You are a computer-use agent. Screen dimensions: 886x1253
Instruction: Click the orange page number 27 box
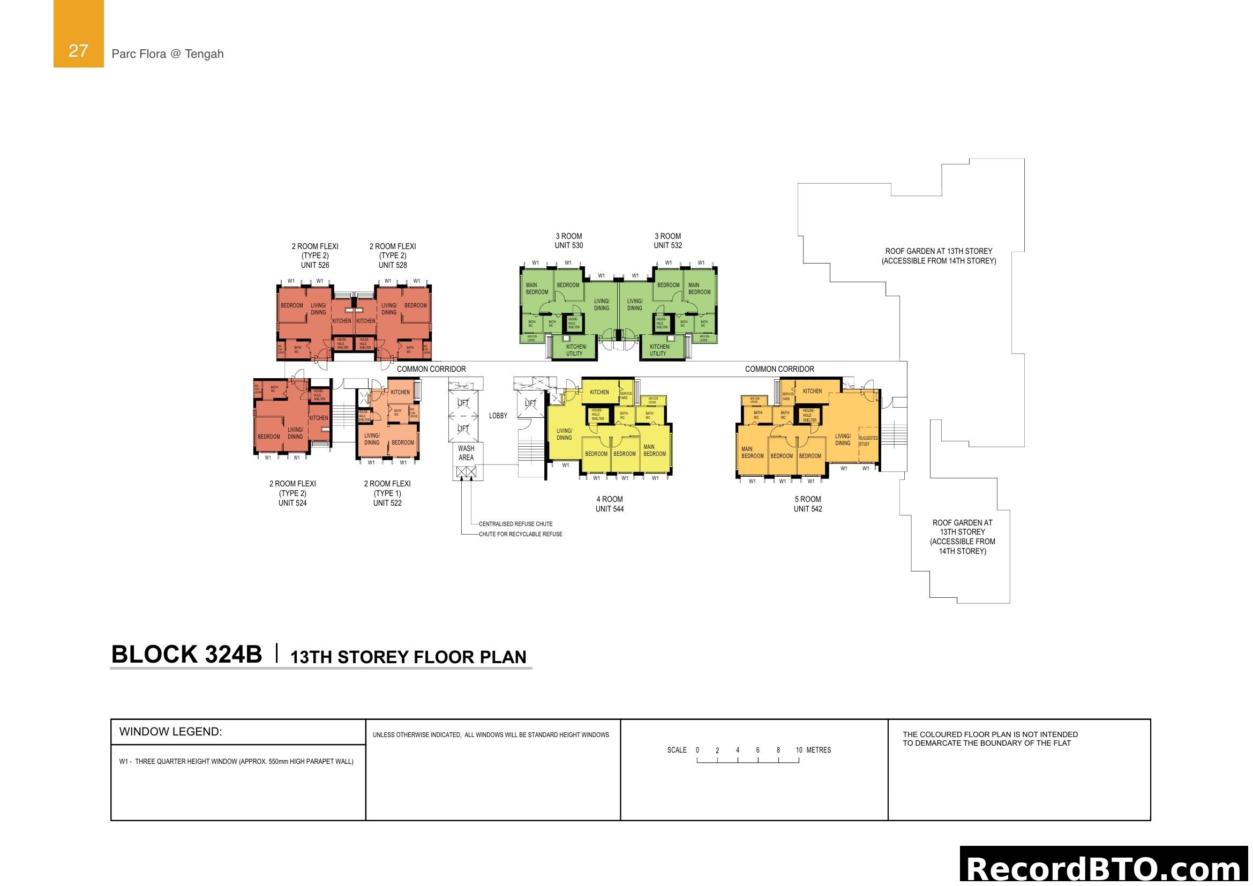pos(78,34)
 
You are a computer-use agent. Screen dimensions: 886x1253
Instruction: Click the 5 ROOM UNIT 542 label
pos(808,504)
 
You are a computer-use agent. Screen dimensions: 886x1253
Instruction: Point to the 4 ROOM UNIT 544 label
pos(610,504)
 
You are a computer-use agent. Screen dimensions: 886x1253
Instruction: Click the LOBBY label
pos(498,416)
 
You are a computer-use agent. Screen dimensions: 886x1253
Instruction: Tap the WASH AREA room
pos(466,453)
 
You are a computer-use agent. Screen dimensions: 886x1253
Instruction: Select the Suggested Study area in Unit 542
pos(868,441)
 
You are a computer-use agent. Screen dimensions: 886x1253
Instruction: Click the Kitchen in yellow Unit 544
pos(599,392)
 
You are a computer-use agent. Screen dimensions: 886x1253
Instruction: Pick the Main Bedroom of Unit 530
pos(536,289)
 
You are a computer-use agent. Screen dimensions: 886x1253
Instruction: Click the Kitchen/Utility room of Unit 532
pos(659,350)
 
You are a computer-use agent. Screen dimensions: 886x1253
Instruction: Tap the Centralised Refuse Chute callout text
pos(515,524)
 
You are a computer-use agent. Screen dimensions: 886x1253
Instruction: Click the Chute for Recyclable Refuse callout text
pos(520,534)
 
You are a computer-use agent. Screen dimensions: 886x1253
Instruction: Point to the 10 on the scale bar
pos(799,750)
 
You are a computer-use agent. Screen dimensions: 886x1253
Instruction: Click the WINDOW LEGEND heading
pos(170,732)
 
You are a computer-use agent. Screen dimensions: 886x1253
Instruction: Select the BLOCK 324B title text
pos(186,654)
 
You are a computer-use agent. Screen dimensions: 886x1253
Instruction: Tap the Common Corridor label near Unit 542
pos(779,370)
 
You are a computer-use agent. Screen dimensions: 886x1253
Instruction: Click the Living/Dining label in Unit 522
pos(372,439)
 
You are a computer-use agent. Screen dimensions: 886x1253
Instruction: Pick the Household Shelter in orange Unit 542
pos(808,415)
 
